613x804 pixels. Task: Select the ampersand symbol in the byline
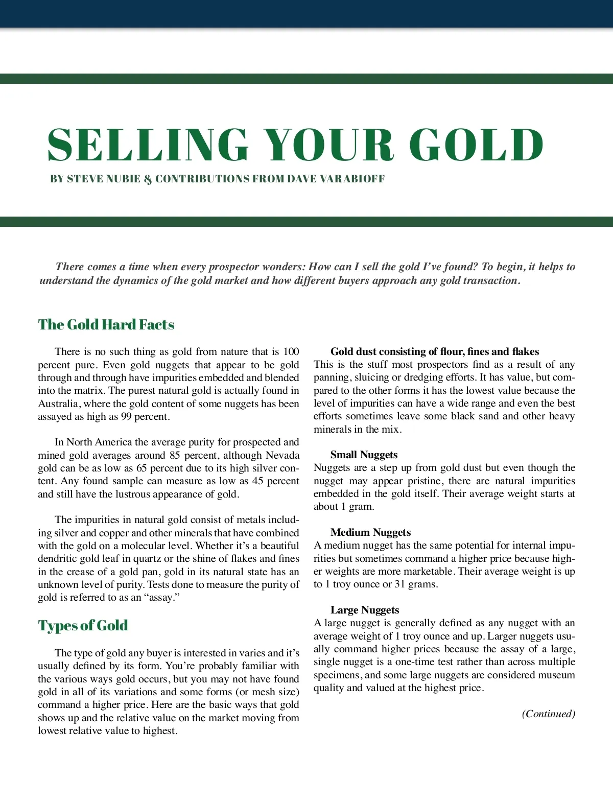(x=148, y=179)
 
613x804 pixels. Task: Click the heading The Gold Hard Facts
(x=106, y=325)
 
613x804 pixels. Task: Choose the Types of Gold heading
(x=83, y=626)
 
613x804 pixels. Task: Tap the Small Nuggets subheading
(x=364, y=455)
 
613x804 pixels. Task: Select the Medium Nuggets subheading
(x=370, y=532)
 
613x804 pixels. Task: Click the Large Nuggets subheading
(x=365, y=610)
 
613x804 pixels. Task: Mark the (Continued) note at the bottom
(x=548, y=714)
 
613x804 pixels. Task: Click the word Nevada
(x=282, y=455)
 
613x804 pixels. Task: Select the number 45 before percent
(x=244, y=481)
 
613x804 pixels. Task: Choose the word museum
(x=556, y=675)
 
